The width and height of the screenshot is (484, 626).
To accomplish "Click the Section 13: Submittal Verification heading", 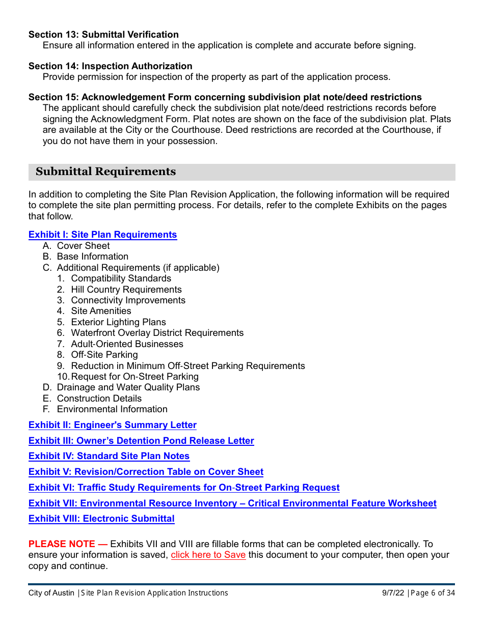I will [103, 35].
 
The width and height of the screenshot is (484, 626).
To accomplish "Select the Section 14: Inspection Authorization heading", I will [110, 66].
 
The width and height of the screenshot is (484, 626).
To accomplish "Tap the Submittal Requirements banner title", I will [105, 172].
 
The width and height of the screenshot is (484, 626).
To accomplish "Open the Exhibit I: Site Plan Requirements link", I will [102, 235].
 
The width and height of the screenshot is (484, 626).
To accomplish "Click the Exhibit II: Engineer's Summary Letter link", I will [112, 425].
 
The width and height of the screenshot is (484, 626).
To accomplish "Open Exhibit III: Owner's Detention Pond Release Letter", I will [141, 441].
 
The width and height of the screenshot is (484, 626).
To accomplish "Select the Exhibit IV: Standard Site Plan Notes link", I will [109, 456].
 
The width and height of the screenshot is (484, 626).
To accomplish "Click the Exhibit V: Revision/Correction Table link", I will [146, 472].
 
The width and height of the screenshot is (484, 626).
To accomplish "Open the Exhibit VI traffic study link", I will [184, 488].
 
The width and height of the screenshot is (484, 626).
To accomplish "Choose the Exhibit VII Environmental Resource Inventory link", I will [232, 503].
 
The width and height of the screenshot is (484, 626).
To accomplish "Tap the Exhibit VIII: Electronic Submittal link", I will [101, 519].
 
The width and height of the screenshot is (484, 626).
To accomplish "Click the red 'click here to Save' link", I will [208, 555].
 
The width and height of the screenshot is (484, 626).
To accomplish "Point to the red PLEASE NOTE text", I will [61, 544].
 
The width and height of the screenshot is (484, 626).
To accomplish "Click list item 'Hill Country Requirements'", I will [126, 290].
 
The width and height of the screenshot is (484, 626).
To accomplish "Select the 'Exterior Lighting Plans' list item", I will [118, 322].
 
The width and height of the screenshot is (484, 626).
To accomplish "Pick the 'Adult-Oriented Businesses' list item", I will [127, 344].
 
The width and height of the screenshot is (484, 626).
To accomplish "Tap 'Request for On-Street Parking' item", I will [135, 377].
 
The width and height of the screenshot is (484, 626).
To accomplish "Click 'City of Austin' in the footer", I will [51, 593].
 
